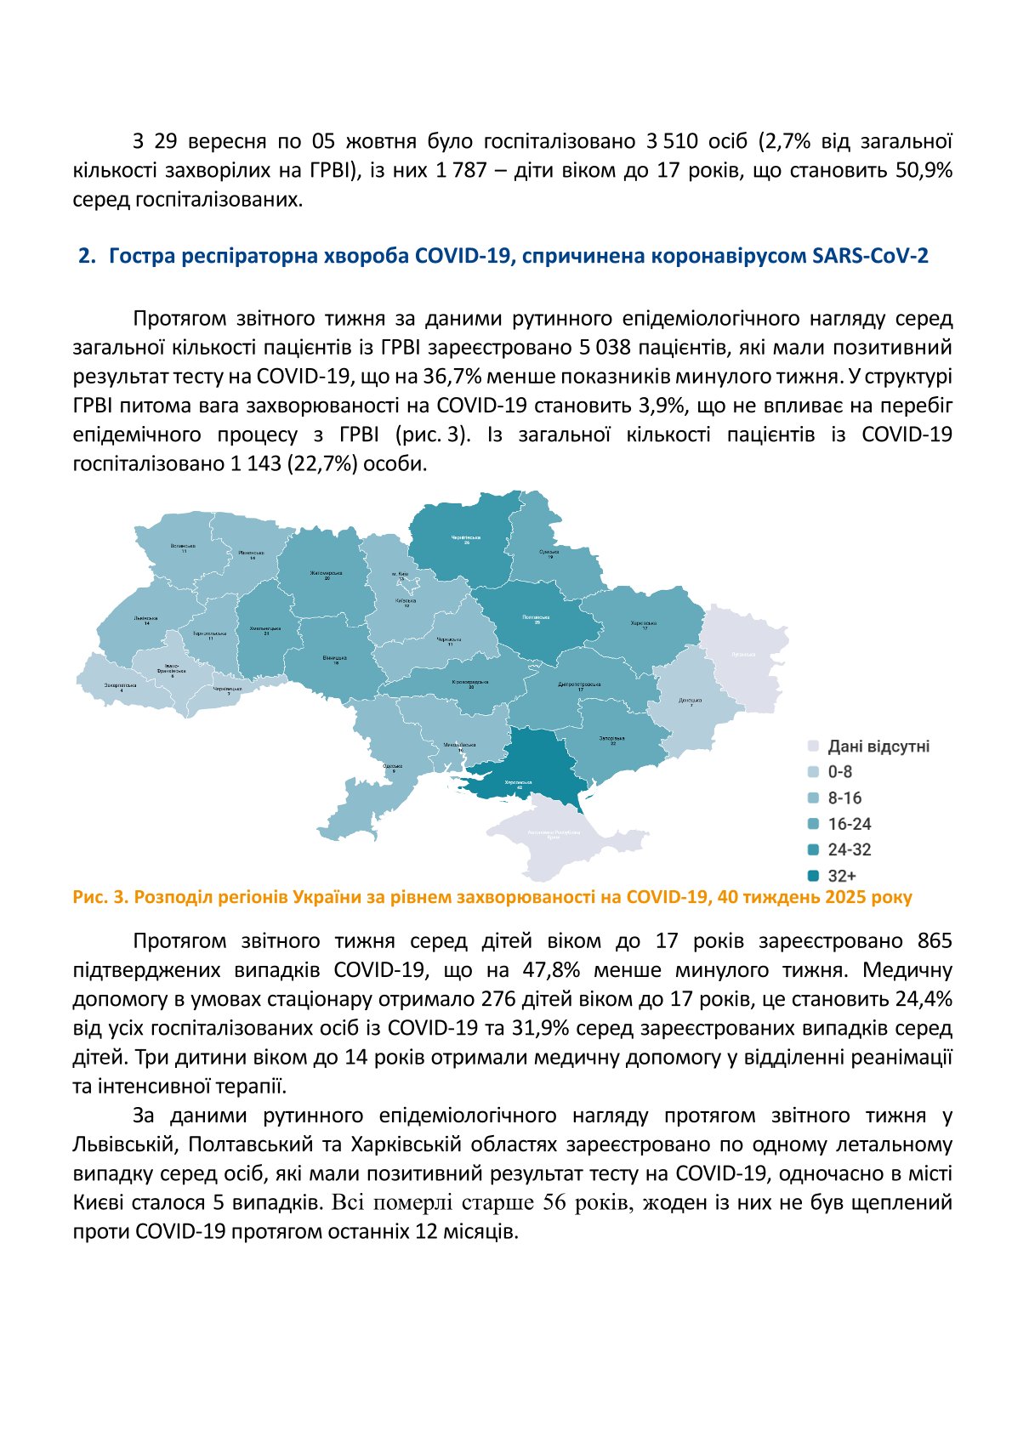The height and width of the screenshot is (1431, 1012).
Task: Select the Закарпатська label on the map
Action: coord(120,684)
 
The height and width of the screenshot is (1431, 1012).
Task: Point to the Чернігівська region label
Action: coord(466,538)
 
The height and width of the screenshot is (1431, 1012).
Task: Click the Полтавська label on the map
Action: coord(537,618)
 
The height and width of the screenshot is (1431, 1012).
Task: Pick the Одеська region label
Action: coord(393,767)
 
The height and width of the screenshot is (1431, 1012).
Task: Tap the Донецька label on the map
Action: coord(691,701)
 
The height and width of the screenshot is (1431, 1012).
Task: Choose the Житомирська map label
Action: coord(326,573)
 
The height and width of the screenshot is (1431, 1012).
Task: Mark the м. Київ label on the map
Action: coord(401,574)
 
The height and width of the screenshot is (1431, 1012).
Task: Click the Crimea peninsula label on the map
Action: coord(554,833)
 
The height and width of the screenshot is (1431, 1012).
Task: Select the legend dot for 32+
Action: coord(813,876)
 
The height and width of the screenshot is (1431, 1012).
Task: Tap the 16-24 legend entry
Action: coord(850,824)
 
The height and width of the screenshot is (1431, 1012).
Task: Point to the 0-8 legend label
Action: coord(840,772)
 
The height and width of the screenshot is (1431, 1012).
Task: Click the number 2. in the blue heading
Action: coord(87,256)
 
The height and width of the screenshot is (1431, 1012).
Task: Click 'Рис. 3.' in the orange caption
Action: coord(100,897)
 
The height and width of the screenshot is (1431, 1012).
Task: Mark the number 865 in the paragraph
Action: coord(935,941)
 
